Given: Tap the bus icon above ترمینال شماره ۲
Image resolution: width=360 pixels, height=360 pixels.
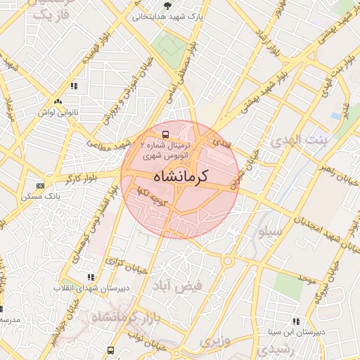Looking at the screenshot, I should point(165,134).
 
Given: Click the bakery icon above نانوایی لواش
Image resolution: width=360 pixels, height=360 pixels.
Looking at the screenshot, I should point(73,86).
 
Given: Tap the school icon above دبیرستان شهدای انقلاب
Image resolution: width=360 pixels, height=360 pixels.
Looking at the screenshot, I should point(89,278).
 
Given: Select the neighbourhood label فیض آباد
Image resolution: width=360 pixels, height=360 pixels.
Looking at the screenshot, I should point(181,285).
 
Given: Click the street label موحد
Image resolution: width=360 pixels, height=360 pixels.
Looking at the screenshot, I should point(306,280).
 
